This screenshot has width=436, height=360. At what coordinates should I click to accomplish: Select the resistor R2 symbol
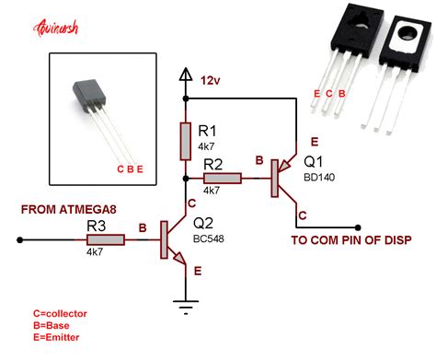tap(224, 177)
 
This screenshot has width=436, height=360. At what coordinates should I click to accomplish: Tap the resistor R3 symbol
tap(106, 239)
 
